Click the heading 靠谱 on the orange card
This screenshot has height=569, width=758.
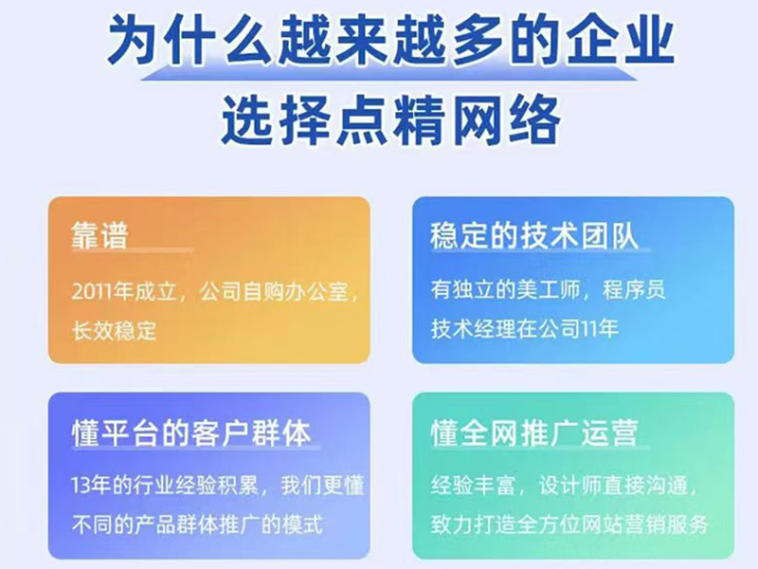tap(100, 235)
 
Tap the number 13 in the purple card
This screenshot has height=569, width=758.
tap(81, 486)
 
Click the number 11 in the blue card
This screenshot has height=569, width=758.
tap(587, 330)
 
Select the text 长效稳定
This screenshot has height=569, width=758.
tap(114, 331)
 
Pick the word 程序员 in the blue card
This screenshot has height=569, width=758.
tap(634, 290)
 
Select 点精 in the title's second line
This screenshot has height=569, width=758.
tap(390, 120)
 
